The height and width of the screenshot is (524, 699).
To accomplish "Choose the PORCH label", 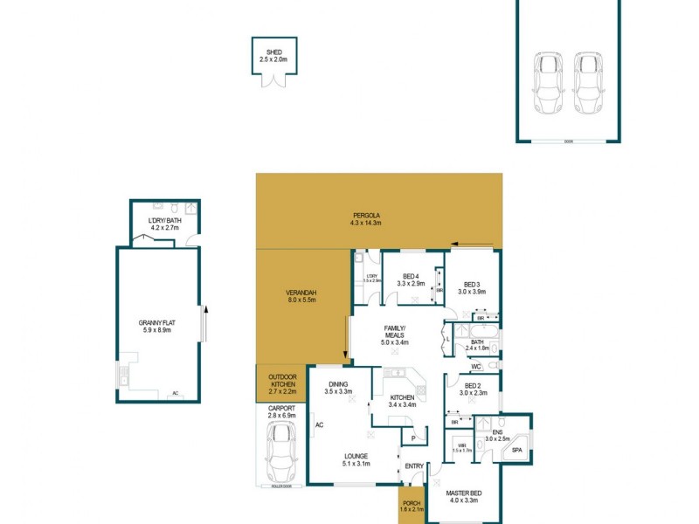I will point(412,504).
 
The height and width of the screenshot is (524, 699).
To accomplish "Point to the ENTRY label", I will point(413,466).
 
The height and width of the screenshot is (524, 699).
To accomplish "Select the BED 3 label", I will point(473,284).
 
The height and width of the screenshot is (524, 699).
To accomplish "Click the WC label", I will point(476,367).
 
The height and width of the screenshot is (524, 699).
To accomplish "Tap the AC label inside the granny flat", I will point(176,394).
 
